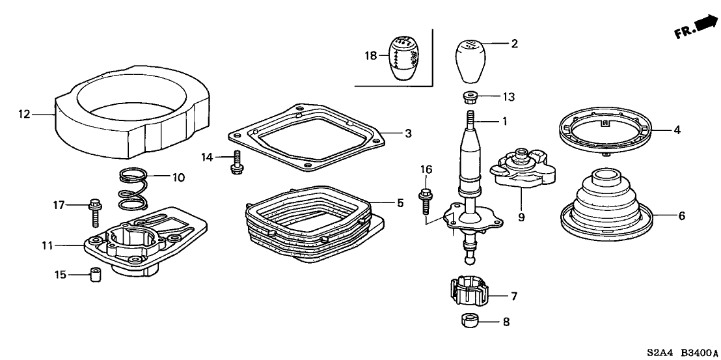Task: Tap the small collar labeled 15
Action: [x=96, y=276]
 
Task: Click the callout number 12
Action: [x=24, y=115]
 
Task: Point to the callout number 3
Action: [x=408, y=134]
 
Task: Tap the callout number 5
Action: [x=401, y=203]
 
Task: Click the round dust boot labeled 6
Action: [x=605, y=202]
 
